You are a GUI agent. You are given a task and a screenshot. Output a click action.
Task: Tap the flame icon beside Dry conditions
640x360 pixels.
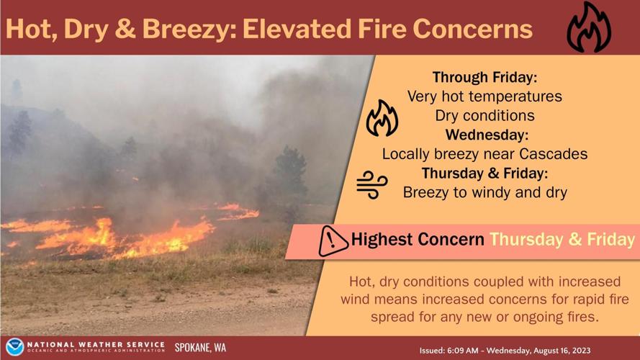click(x=382, y=118)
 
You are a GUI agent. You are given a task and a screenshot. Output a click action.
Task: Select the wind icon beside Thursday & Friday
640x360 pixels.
click(x=372, y=184)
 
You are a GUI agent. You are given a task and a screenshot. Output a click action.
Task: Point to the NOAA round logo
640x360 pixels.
click(x=15, y=348)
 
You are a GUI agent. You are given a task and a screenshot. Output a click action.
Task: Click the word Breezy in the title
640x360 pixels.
click(x=184, y=29)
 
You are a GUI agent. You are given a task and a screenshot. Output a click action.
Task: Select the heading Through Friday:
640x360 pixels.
click(x=484, y=76)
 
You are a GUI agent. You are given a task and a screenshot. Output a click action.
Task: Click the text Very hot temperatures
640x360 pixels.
click(x=484, y=96)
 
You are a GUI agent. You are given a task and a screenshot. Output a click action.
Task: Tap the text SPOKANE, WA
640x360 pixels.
click(x=200, y=348)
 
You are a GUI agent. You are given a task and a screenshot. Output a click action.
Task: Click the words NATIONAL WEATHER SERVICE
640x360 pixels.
click(x=95, y=345)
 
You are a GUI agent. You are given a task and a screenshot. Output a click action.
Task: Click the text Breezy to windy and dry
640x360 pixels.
click(x=484, y=193)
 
